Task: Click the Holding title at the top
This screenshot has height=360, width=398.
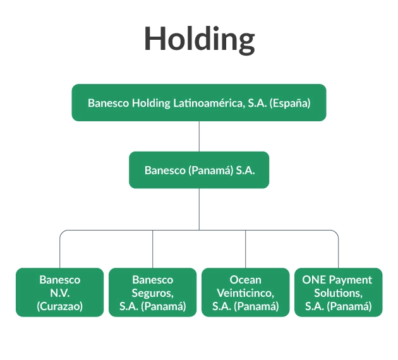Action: click(199, 40)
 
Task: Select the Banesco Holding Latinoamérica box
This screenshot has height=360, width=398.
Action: click(199, 102)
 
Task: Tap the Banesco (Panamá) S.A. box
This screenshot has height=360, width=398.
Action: click(199, 170)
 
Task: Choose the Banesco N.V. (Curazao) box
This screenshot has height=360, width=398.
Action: click(59, 292)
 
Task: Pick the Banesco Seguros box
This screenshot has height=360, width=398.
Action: click(152, 292)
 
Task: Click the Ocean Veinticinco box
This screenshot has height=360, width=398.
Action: click(246, 292)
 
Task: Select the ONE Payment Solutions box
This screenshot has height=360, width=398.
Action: click(339, 292)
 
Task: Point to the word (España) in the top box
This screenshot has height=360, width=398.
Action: click(290, 103)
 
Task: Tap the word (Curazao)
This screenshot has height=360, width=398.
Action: click(59, 306)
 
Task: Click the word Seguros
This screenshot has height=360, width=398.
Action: click(152, 293)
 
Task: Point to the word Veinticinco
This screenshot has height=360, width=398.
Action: click(246, 293)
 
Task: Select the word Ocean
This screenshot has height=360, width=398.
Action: click(246, 280)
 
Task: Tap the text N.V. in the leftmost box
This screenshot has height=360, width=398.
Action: click(59, 293)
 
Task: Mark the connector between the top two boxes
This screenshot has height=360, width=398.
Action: click(199, 136)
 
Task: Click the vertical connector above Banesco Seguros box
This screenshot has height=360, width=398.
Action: click(152, 249)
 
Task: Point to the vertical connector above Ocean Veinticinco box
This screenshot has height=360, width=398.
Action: click(246, 249)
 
